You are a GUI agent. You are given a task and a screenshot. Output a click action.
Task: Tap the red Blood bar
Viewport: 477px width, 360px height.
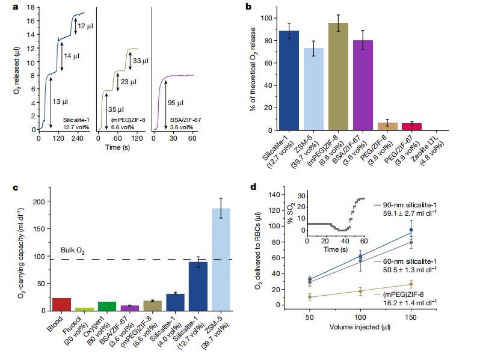pyautogui.click(x=61, y=304)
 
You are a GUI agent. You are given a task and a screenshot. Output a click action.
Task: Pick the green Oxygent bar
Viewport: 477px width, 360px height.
pyautogui.click(x=106, y=306)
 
